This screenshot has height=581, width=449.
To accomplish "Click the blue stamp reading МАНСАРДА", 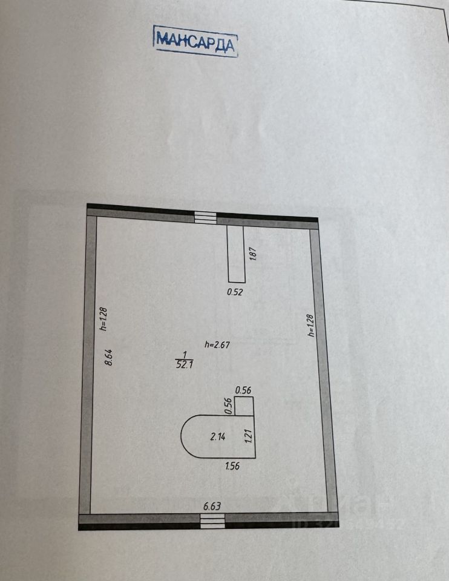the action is click(x=195, y=41).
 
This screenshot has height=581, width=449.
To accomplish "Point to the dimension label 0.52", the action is click(x=235, y=292).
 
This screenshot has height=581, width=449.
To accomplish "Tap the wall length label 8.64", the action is click(x=109, y=357).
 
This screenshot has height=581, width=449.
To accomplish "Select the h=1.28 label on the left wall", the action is click(x=103, y=319).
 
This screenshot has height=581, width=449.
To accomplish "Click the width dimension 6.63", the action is click(x=212, y=506).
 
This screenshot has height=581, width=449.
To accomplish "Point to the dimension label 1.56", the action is click(x=233, y=467).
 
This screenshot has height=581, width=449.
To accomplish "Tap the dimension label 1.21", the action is click(x=248, y=436).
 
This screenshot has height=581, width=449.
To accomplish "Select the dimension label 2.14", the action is click(x=218, y=436).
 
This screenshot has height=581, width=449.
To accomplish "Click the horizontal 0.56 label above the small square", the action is click(x=243, y=390).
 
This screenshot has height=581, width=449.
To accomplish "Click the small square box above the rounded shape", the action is click(x=244, y=406).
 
